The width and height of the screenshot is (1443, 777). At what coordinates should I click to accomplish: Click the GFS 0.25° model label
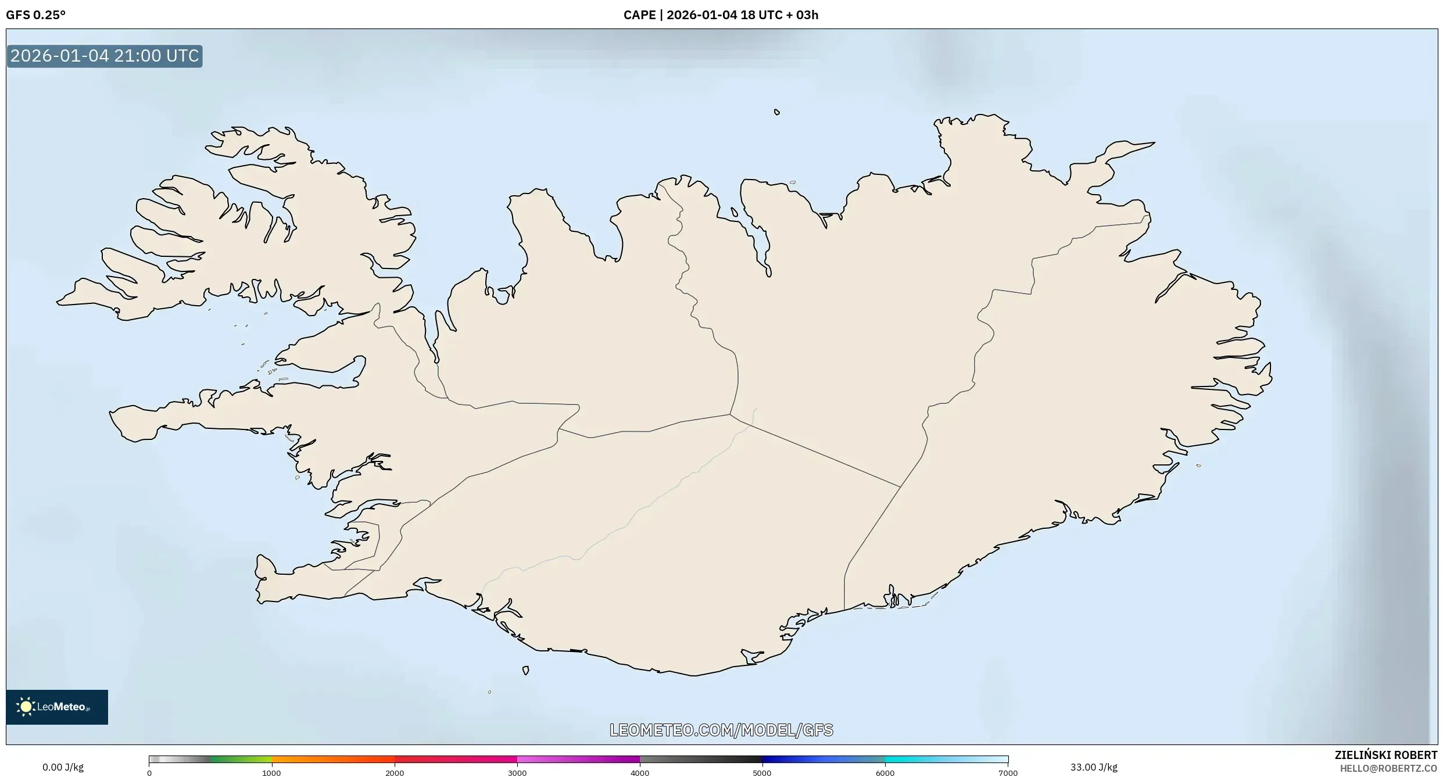click(x=35, y=15)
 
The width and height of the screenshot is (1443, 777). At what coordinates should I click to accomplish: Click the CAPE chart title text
click(x=721, y=15)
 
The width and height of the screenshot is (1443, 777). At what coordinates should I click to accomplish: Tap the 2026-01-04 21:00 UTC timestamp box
click(x=105, y=56)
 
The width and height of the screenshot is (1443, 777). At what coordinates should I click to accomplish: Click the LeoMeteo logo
click(x=56, y=707)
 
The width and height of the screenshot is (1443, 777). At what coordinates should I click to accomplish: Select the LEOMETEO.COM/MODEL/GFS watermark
click(x=721, y=730)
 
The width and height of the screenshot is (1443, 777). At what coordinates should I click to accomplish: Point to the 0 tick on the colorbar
click(x=149, y=773)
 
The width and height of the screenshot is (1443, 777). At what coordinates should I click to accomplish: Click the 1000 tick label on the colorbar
click(x=271, y=773)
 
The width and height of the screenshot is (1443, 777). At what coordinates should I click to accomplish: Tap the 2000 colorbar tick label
click(x=395, y=773)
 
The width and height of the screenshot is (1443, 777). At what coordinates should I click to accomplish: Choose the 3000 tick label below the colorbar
click(x=517, y=773)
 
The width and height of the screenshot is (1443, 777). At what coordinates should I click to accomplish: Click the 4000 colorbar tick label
click(x=640, y=773)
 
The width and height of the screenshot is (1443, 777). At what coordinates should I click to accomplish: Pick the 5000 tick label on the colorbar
click(x=762, y=773)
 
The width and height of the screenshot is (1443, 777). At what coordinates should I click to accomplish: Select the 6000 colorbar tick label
click(x=885, y=773)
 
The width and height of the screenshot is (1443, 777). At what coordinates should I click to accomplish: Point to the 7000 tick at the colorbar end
click(x=1008, y=773)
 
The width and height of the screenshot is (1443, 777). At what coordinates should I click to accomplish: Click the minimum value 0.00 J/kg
click(x=63, y=767)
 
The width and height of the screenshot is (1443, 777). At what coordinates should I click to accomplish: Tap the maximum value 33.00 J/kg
click(x=1094, y=767)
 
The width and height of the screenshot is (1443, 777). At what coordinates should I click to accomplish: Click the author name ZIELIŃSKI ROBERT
click(x=1385, y=755)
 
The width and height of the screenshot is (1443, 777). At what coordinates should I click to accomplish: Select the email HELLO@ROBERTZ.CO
click(x=1392, y=768)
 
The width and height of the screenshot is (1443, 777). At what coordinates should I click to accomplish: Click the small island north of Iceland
click(x=776, y=112)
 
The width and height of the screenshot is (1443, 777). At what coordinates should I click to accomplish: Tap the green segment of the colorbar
click(x=241, y=759)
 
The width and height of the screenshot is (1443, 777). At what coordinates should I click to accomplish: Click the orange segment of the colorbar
click(x=331, y=759)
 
